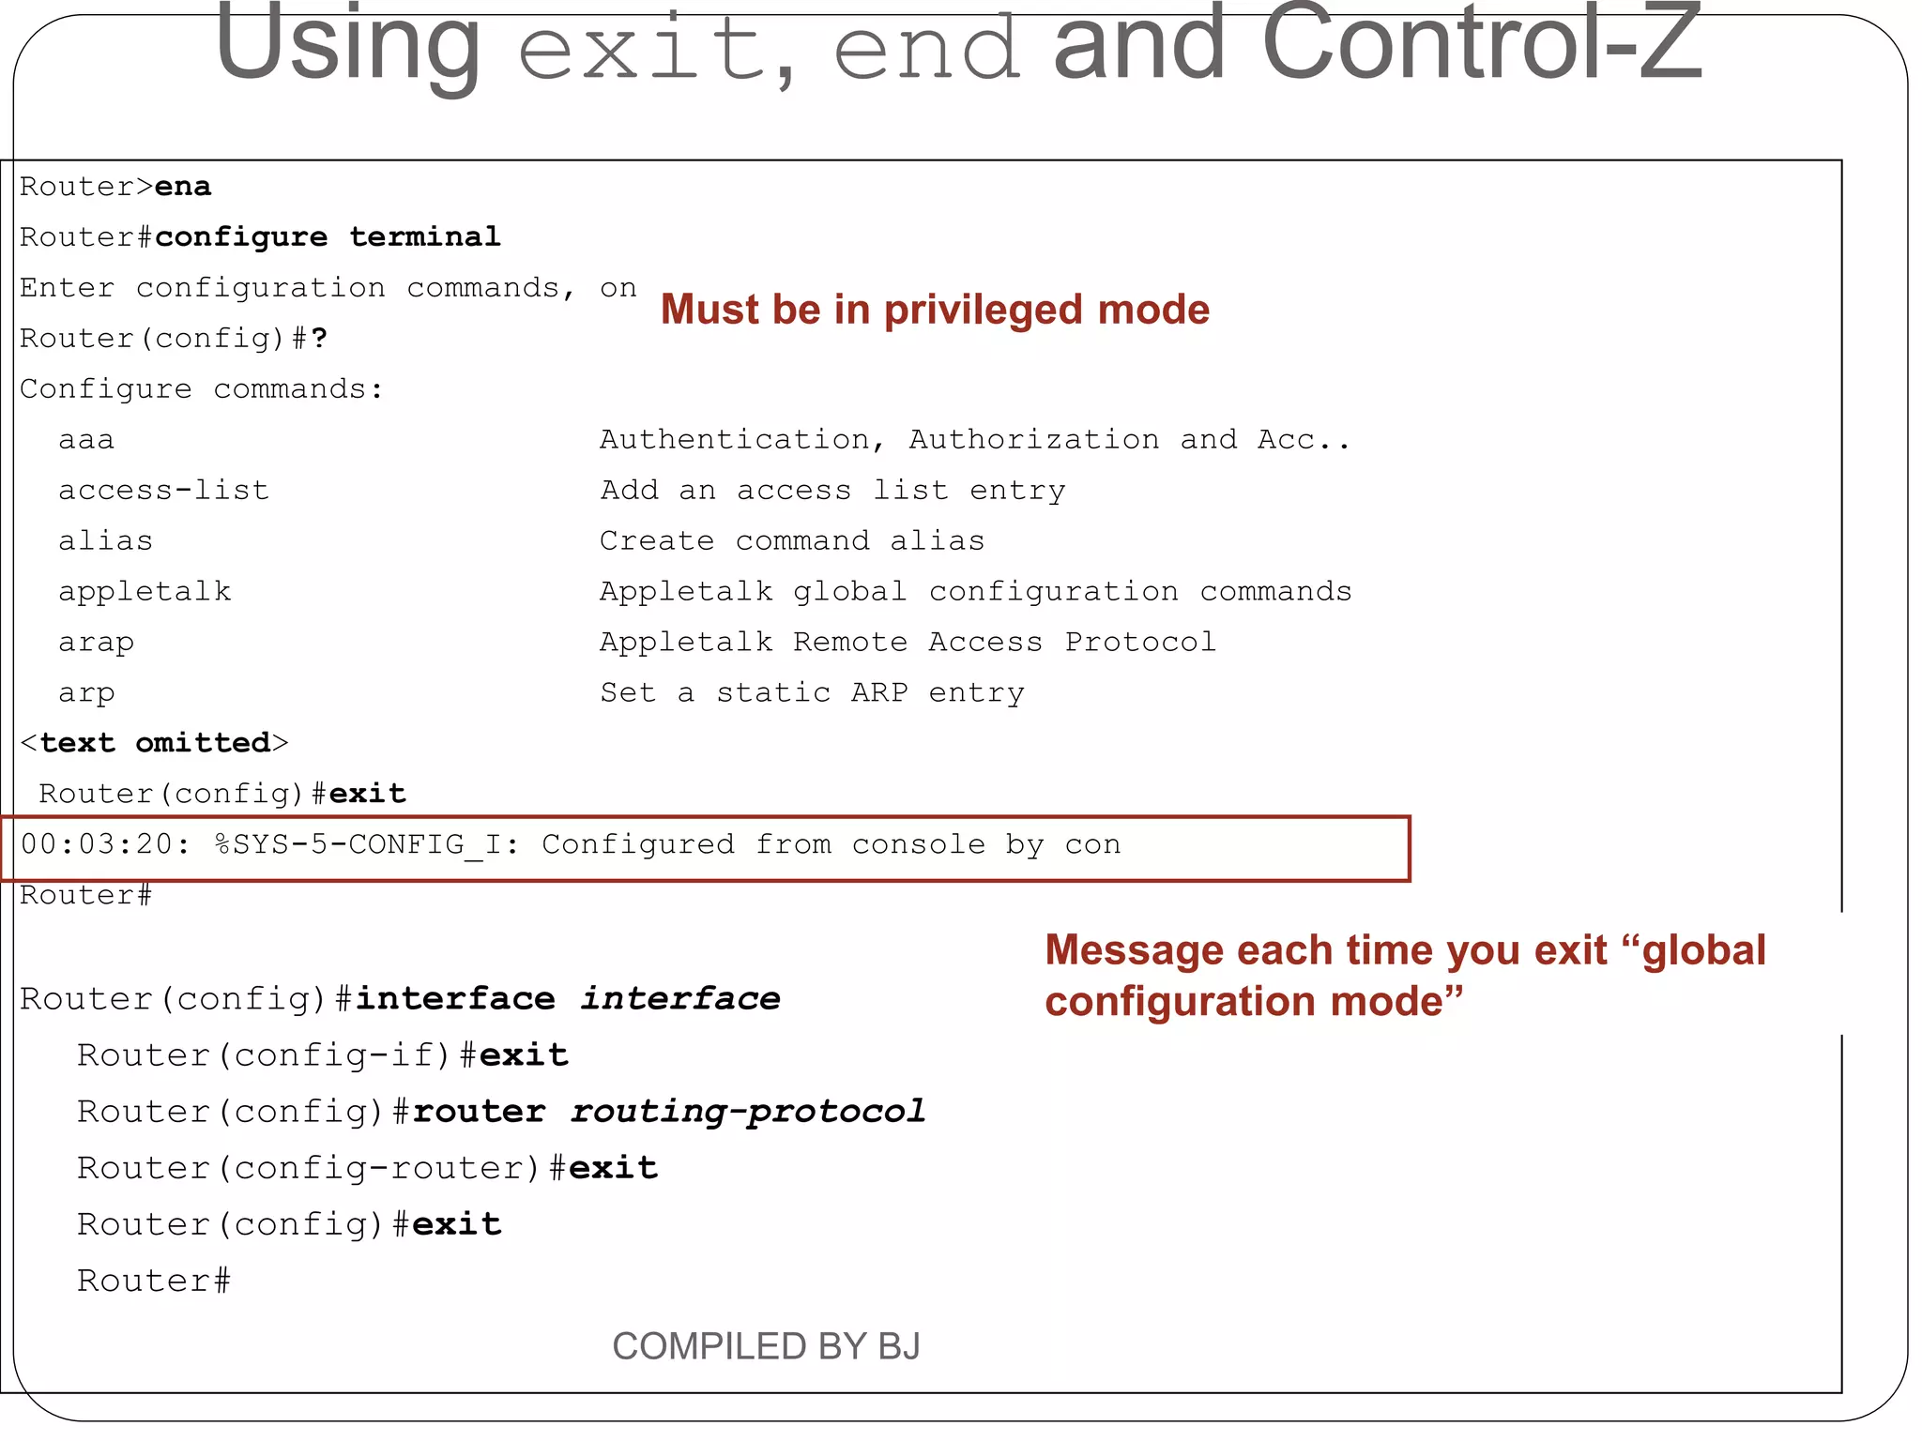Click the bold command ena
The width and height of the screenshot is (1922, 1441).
183,187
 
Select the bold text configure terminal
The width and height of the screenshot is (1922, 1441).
328,237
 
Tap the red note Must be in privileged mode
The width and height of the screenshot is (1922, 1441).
935,311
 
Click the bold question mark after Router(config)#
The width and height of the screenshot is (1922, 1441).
319,339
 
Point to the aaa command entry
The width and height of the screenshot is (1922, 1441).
86,440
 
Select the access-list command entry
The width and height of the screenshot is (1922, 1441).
163,491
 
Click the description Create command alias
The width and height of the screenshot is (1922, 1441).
792,541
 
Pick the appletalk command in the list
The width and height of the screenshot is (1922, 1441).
145,592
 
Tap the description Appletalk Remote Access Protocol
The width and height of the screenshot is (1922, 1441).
908,643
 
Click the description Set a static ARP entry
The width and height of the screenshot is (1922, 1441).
812,693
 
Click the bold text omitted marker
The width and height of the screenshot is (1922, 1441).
155,743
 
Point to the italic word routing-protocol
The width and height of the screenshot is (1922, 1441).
747,1112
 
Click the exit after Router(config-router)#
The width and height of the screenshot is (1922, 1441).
613,1168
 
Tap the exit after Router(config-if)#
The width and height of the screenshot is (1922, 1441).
524,1055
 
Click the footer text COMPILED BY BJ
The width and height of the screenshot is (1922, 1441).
766,1346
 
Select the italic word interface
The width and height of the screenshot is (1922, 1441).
680,999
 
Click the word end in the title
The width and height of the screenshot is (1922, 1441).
926,49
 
